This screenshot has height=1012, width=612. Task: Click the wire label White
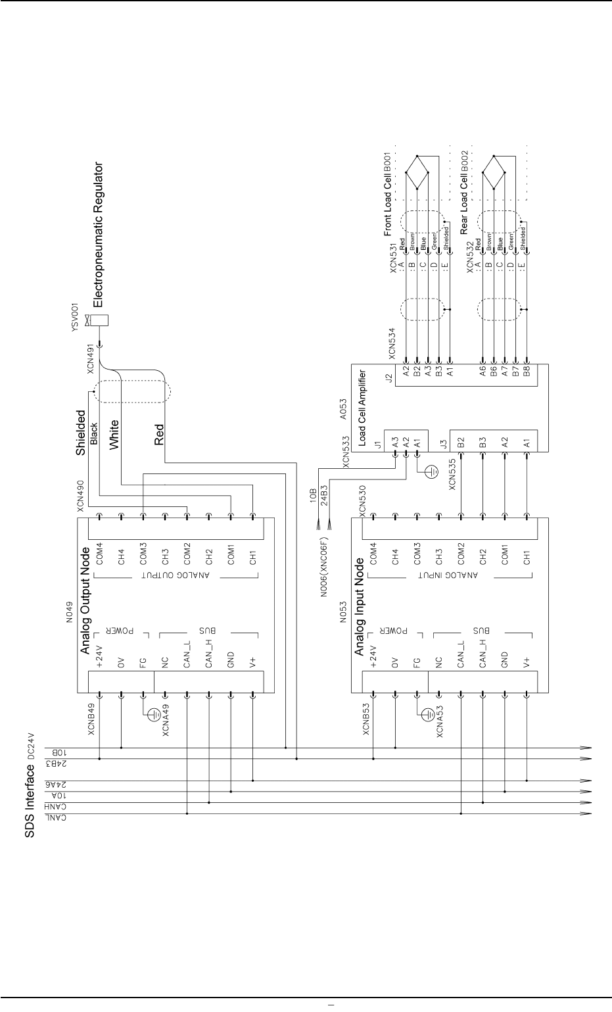coord(114,435)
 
